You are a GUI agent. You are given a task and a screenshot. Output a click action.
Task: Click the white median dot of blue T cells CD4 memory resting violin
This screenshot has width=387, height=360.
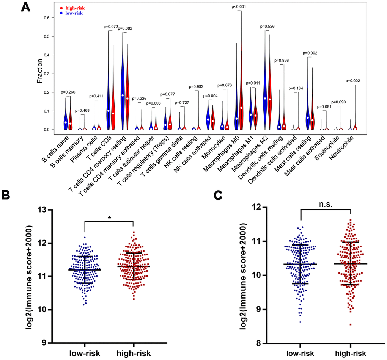tap(123, 95)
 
